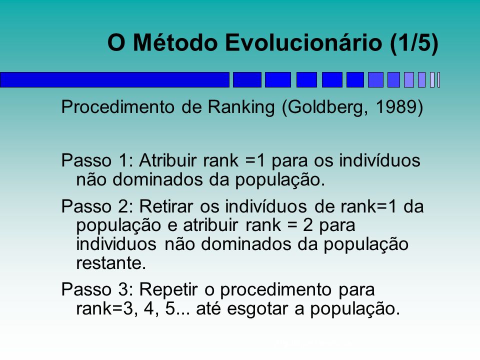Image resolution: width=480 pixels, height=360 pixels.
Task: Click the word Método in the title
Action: [175, 42]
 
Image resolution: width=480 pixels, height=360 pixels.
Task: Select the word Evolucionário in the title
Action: [303, 42]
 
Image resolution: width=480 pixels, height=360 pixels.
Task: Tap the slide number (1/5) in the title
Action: [414, 43]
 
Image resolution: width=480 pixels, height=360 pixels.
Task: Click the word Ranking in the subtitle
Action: [241, 107]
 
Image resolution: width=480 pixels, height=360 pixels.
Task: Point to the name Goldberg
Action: [325, 107]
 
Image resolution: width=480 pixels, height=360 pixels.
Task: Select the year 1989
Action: [396, 107]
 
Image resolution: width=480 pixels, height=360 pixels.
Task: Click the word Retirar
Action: [166, 206]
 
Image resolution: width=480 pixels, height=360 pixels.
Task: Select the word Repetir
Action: [168, 290]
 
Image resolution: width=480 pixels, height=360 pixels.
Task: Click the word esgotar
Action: [257, 309]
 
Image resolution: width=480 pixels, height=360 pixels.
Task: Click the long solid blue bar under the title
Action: [115, 80]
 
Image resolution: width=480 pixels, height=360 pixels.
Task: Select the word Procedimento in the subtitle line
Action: [118, 107]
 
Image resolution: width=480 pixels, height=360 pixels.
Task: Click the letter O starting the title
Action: [116, 42]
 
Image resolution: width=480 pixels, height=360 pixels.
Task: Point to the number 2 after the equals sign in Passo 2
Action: [308, 225]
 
